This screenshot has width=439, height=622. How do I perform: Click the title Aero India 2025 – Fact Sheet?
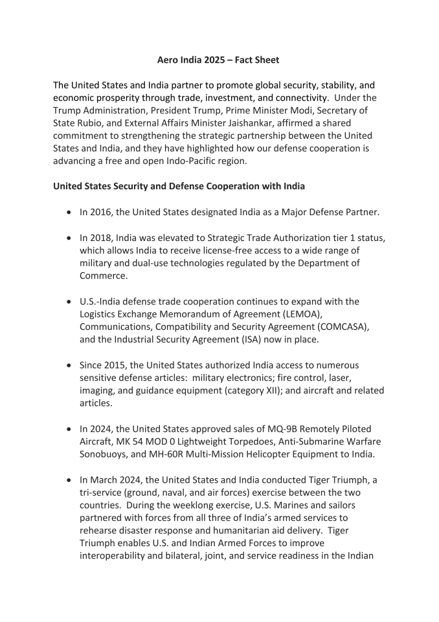tap(219, 60)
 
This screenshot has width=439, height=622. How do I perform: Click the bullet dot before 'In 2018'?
tap(70, 239)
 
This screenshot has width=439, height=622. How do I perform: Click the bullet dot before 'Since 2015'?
tap(70, 365)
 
